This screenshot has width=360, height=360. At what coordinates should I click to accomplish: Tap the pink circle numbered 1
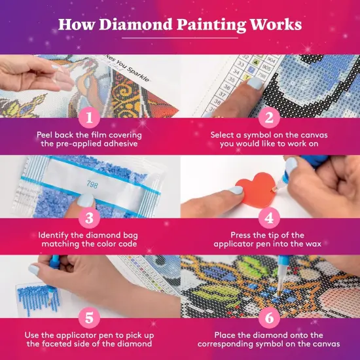click(89, 118)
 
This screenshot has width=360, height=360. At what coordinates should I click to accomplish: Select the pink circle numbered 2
click(268, 118)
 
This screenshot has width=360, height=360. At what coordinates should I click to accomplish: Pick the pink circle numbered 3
click(89, 219)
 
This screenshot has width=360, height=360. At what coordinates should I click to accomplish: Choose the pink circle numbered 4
click(268, 219)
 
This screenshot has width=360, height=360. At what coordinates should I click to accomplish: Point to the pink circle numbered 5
click(89, 318)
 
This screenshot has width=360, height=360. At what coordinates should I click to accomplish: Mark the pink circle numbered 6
click(268, 318)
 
